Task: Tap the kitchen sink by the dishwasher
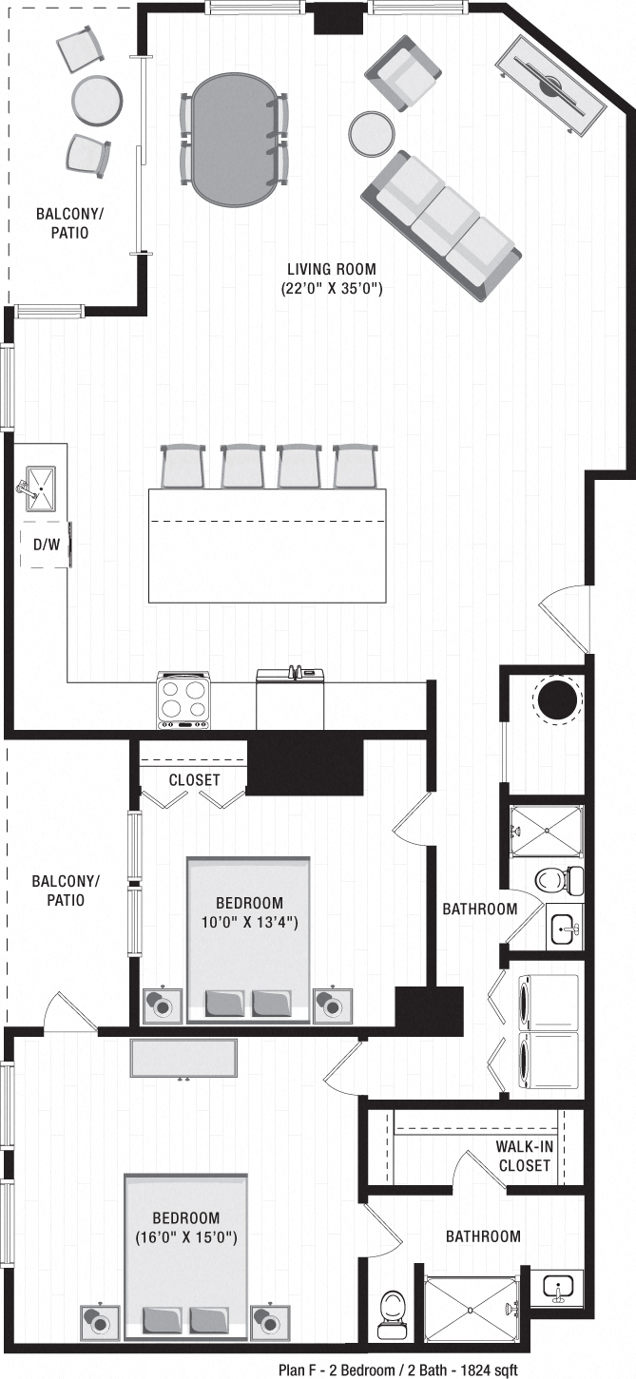(41, 488)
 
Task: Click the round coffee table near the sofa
(371, 134)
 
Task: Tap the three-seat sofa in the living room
(441, 226)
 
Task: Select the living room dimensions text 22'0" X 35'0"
(332, 287)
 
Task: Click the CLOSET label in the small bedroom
(194, 780)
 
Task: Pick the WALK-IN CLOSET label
(523, 1156)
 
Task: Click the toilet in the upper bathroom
(552, 879)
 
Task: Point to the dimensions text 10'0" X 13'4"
(248, 921)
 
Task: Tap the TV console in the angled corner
(549, 86)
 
